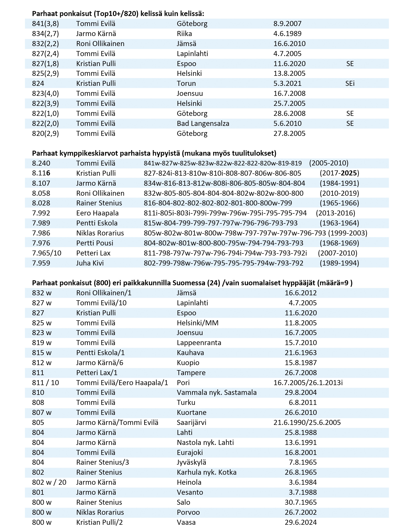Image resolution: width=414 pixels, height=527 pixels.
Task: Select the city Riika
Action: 184,34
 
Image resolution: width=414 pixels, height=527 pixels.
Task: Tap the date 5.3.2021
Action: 287,84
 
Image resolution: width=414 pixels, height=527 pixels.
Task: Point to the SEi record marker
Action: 350,84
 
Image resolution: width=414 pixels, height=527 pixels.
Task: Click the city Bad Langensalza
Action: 203,124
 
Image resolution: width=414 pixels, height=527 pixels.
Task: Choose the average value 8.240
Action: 41,163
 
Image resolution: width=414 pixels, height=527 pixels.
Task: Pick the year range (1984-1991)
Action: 339,183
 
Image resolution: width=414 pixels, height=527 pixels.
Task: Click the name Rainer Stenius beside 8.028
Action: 99,203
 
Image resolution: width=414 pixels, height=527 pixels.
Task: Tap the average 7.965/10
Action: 47,253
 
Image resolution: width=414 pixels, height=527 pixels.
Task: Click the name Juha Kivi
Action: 90,263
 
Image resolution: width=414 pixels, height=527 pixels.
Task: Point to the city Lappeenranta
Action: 199,343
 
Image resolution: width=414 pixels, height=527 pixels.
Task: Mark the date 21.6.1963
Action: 301,353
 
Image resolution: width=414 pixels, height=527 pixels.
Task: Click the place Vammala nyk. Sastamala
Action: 217,393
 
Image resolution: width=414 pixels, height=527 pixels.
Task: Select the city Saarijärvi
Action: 191,423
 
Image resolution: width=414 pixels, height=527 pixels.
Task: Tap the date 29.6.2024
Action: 301,522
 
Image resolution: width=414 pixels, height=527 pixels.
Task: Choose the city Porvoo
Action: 188,512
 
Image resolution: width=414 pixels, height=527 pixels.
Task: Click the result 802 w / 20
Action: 49,482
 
